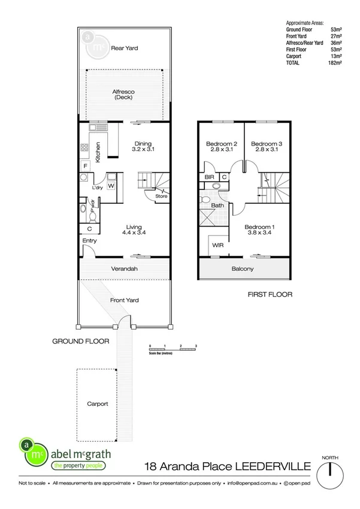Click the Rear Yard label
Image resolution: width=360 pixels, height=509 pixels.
point(125,46)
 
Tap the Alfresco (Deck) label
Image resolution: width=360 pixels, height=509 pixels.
point(123,94)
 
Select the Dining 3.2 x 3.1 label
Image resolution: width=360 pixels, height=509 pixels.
point(143,146)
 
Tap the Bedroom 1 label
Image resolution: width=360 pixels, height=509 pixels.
point(260,229)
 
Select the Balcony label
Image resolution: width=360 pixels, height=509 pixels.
point(243,269)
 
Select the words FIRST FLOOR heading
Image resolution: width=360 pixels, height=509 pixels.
point(270,295)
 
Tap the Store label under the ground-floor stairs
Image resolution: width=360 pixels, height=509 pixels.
point(161,196)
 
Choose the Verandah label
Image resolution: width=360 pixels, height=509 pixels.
point(125,269)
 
